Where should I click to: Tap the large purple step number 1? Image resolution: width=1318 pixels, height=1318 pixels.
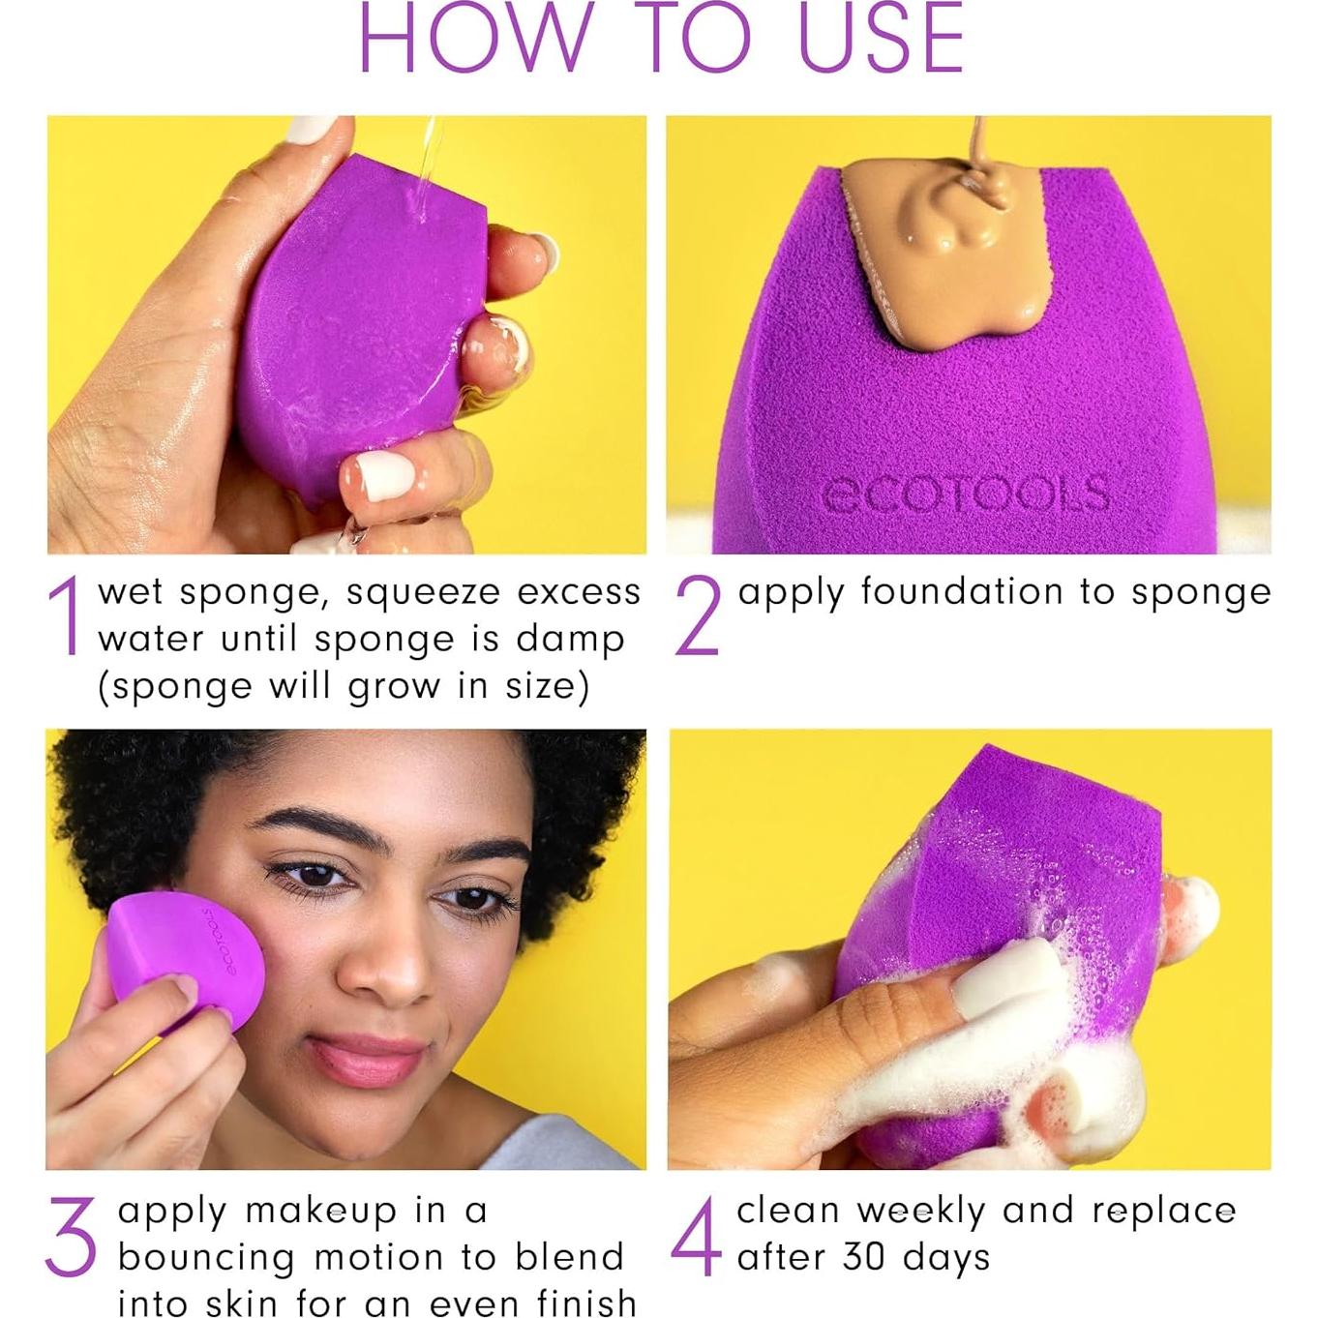[66, 615]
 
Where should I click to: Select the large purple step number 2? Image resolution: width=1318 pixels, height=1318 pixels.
[698, 615]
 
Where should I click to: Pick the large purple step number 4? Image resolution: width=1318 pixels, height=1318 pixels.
[696, 1236]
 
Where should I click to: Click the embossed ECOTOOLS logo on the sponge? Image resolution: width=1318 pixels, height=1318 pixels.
[964, 494]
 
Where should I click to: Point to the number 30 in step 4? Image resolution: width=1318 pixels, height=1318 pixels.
[864, 1257]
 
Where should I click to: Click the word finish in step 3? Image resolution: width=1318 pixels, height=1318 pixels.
[586, 1303]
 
